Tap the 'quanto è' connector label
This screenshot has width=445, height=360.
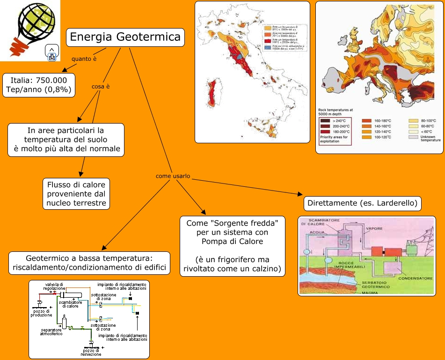point(84,59)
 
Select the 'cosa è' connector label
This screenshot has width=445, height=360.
point(101,86)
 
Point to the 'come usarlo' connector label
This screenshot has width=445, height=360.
point(173,176)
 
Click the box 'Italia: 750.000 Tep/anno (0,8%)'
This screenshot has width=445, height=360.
point(39,85)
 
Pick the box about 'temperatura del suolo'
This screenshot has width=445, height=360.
point(66,140)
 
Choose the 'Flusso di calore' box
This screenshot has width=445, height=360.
point(76,193)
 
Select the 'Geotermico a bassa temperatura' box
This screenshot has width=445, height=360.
point(89,263)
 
